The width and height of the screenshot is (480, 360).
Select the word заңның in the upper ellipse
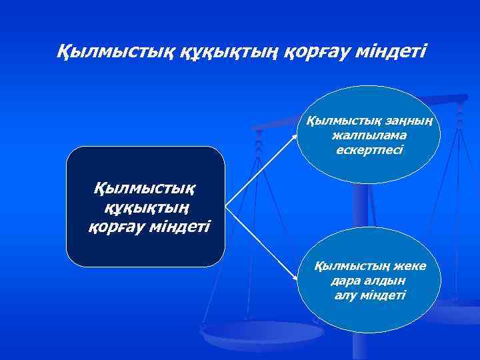point(410,121)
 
